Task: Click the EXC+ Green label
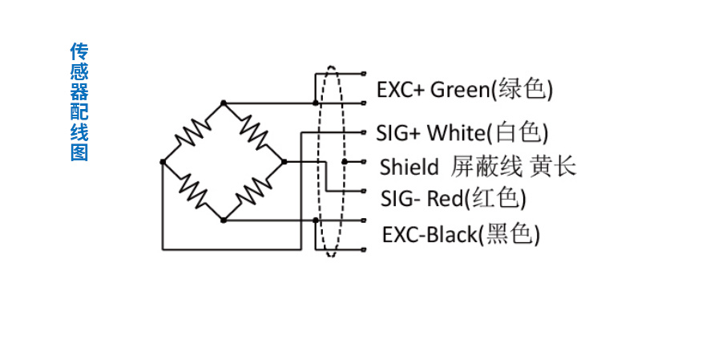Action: click(x=464, y=88)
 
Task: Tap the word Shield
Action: click(x=409, y=167)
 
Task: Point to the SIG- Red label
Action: click(x=452, y=197)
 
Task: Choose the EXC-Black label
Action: click(x=460, y=235)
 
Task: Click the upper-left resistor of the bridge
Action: click(x=193, y=132)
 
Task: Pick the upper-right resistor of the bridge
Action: click(x=254, y=132)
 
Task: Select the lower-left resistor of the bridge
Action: click(x=193, y=191)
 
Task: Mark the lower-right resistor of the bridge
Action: click(x=254, y=191)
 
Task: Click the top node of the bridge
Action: click(x=224, y=103)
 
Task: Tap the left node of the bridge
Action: click(x=163, y=162)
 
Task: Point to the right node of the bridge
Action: click(x=284, y=162)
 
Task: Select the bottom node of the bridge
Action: click(x=224, y=220)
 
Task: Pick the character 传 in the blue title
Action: click(x=79, y=52)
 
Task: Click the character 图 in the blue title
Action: click(x=79, y=152)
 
